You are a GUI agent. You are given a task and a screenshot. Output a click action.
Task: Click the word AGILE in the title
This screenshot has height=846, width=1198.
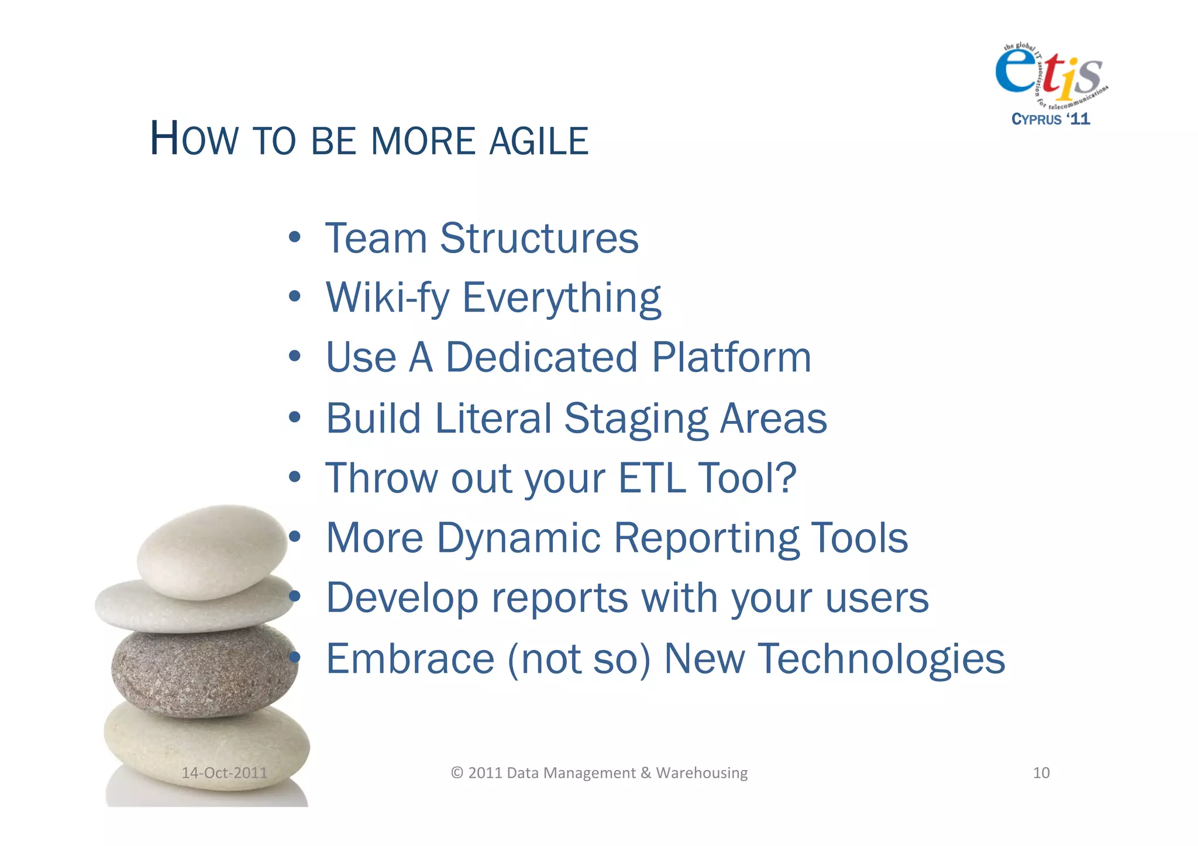tap(538, 141)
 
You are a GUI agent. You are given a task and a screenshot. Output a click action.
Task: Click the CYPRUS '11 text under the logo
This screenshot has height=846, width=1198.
tap(1051, 119)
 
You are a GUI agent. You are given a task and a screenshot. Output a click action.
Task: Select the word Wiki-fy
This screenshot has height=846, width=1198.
tap(387, 298)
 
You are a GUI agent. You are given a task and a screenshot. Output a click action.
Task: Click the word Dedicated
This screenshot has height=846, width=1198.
tap(542, 357)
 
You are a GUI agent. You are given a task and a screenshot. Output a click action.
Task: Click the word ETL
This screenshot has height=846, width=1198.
tap(652, 478)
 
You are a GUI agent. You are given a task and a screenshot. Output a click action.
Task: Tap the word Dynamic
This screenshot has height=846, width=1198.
tap(518, 538)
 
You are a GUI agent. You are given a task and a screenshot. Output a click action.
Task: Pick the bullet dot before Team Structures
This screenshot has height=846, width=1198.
tap(295, 238)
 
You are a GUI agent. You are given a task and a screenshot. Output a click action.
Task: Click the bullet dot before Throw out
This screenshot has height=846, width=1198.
tap(295, 477)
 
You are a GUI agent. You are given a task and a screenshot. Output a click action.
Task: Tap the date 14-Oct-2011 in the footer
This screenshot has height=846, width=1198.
tap(224, 773)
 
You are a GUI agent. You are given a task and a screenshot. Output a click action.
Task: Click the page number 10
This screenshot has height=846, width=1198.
tap(1041, 773)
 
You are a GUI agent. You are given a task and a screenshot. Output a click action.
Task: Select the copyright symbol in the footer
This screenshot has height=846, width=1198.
tap(457, 773)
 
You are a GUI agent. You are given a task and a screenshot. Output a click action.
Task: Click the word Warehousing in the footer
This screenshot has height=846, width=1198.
tap(701, 773)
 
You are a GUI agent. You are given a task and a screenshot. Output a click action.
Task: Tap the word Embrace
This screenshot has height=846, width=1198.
tap(410, 659)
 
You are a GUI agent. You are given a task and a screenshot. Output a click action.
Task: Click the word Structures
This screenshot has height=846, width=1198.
tap(539, 239)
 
